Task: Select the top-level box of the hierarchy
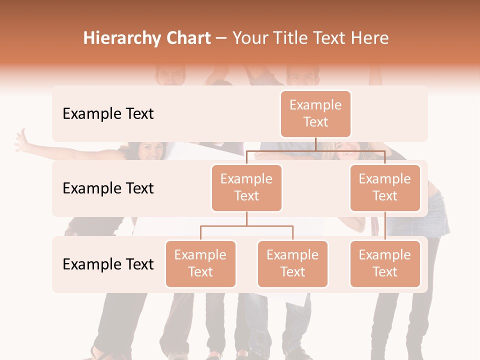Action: pos(315,113)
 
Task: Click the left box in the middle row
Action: pos(246,187)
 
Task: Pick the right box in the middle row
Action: pos(384,187)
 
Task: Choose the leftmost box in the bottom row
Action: pos(200,263)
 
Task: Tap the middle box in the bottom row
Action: pos(292,263)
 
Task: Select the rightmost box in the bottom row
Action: pos(384,263)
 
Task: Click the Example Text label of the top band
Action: pos(108,114)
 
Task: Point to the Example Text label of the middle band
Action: pos(108,188)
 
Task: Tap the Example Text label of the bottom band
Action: pos(108,264)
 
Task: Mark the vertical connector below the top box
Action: pos(315,144)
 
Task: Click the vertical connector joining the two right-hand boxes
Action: pos(385,226)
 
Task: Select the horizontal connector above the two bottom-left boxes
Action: pos(246,226)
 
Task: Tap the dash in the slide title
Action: pos(221,38)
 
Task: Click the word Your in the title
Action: pos(248,38)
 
